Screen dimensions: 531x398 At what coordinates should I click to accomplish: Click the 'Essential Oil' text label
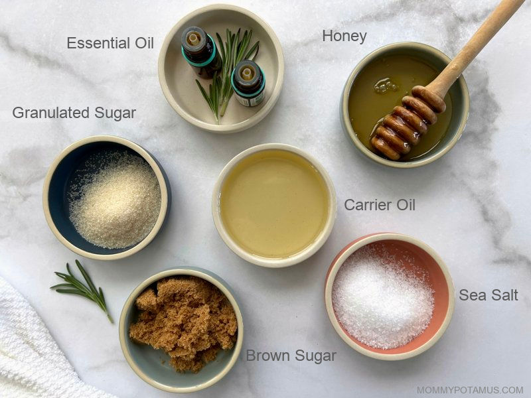pos(110,43)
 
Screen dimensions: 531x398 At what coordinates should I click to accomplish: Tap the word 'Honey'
pos(344,36)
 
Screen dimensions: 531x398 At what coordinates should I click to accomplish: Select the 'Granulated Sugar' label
pos(74,113)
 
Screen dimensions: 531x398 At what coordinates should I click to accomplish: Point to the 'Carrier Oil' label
pos(380,205)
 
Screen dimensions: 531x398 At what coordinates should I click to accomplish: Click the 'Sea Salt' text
pos(489,295)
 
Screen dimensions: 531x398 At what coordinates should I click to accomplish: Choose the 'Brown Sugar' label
pos(291,356)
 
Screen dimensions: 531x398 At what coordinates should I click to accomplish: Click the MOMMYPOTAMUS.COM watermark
pos(470,390)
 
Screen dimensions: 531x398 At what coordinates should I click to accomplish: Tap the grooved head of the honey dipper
pos(406,123)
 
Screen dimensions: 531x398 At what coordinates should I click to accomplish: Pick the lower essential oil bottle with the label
pos(248,84)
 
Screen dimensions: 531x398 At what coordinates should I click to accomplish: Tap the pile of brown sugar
pos(184,322)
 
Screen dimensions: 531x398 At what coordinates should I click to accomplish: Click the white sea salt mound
pos(383,298)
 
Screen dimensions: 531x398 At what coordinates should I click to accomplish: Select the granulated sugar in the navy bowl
pos(114,200)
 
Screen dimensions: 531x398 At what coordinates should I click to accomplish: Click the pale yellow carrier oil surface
pos(274,204)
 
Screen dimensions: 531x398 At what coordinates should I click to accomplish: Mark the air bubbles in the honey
pos(386,86)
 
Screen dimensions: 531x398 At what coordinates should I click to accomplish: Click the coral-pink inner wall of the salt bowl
pos(437,271)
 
